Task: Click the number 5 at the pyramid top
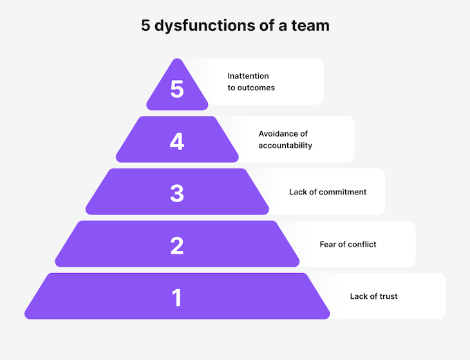click(177, 90)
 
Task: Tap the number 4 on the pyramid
click(177, 141)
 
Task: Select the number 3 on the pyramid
click(177, 193)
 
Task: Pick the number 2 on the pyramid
click(177, 245)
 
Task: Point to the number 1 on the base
click(177, 298)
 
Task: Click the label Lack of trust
click(373, 296)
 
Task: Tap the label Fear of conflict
click(348, 244)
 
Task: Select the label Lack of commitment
click(328, 192)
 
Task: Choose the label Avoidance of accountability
click(285, 140)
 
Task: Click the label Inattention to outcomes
click(251, 82)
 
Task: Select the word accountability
click(285, 146)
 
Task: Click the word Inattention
click(248, 76)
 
